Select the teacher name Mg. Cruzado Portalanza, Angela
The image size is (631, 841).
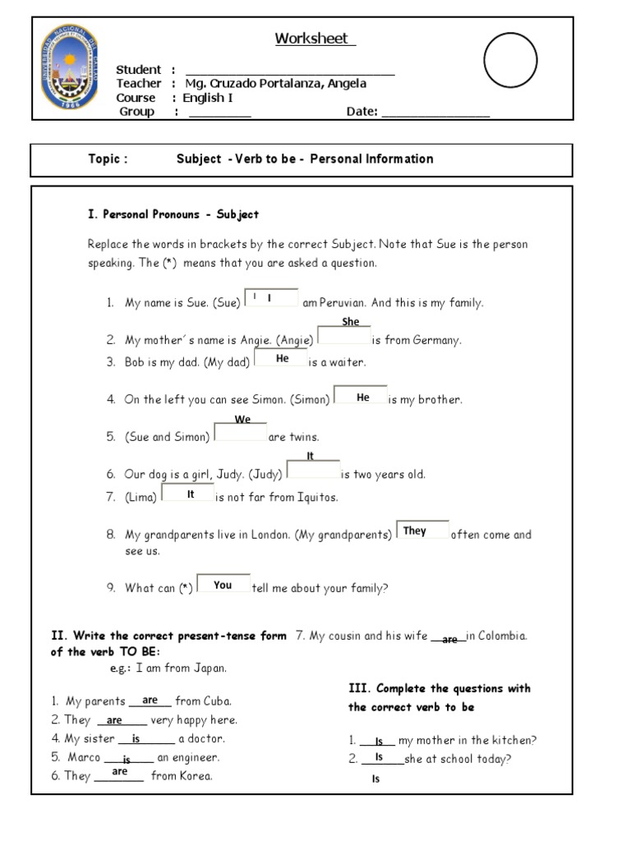coord(274,83)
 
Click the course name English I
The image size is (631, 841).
coord(208,98)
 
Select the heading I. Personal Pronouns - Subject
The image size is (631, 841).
coord(173,214)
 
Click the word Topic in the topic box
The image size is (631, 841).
coord(108,159)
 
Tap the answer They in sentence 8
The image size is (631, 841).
coord(415,531)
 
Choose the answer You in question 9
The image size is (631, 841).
coord(223,586)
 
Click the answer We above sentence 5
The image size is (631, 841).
coord(242,420)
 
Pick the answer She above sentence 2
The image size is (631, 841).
coord(351,322)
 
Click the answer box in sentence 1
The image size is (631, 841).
coord(271,298)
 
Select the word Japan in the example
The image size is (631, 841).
coord(209,668)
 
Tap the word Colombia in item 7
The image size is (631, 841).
coord(501,636)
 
